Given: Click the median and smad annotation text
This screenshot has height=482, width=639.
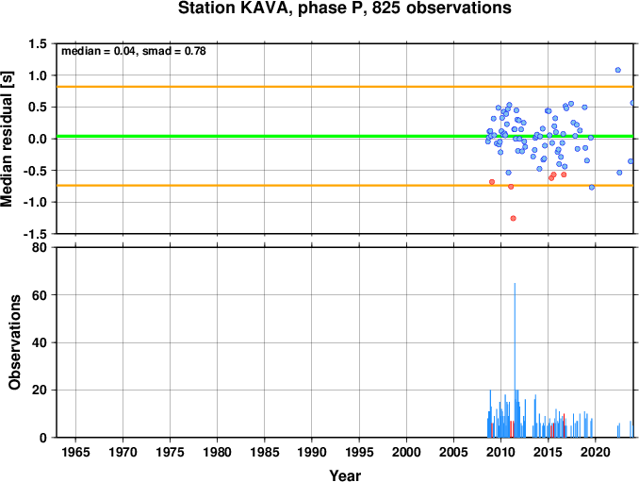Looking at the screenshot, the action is coord(134,51).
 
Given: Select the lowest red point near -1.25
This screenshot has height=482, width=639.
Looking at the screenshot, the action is coord(513,218).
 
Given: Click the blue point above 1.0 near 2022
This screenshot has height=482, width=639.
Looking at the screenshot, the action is coord(618,70).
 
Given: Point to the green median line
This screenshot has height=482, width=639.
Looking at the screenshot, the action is coord(345,136).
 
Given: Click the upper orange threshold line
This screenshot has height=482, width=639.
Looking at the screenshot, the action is coord(345,87).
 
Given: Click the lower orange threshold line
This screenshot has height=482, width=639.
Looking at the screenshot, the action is coord(345,186).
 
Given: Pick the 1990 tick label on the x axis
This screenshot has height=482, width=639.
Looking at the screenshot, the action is coord(312,452).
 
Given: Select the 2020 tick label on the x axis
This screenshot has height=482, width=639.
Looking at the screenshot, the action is coord(596,452).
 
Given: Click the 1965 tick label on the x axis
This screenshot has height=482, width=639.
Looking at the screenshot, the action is coord(75,452).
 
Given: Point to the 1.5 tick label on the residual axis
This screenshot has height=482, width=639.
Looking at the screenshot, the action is coord(38,43).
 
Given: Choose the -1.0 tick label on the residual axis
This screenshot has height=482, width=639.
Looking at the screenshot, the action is coord(35,202).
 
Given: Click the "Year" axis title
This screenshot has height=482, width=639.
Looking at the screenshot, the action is coord(345,475).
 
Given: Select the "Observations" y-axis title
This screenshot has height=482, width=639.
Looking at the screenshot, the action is coord(15,342).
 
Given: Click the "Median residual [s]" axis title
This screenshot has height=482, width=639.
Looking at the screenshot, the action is coord(7,139).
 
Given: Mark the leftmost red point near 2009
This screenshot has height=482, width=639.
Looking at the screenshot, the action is coord(492,182).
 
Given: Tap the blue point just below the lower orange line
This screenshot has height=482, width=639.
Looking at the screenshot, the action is coord(592,187).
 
